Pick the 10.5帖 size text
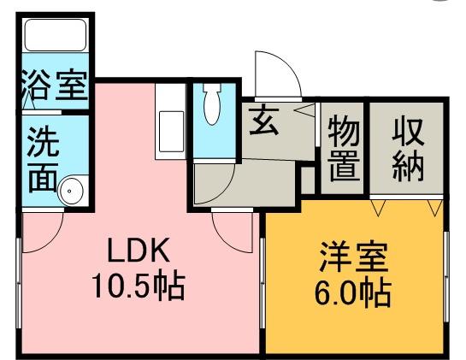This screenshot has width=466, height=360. (x=139, y=286)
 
